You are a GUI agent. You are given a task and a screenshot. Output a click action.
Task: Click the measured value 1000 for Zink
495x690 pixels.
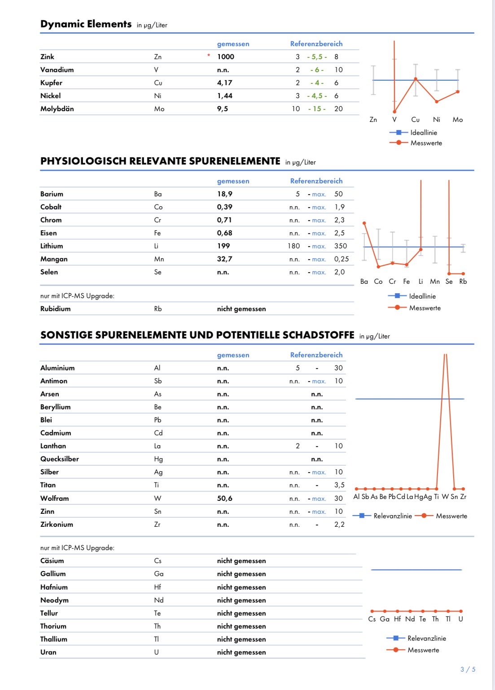pyautogui.click(x=225, y=56)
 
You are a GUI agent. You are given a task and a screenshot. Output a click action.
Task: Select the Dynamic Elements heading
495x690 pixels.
pyautogui.click(x=86, y=24)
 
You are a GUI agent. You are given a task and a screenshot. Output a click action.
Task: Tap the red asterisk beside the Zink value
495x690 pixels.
pyautogui.click(x=209, y=56)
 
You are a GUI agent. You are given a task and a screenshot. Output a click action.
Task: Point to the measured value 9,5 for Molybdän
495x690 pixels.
pyautogui.click(x=222, y=108)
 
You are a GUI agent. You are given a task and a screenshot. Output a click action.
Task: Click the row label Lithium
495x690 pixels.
pyautogui.click(x=52, y=246)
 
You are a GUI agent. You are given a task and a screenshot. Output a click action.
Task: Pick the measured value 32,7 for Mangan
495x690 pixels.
pyautogui.click(x=224, y=259)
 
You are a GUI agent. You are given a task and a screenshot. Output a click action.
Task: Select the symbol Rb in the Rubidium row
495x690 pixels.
pyautogui.click(x=158, y=308)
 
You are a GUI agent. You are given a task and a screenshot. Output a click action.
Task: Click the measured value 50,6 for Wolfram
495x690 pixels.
pyautogui.click(x=224, y=498)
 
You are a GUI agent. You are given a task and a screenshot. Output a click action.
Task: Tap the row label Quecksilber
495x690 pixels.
pyautogui.click(x=59, y=459)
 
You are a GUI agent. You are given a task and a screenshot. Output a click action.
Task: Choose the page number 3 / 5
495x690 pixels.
pyautogui.click(x=468, y=669)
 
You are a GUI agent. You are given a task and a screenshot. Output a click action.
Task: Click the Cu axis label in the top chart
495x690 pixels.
pyautogui.click(x=415, y=120)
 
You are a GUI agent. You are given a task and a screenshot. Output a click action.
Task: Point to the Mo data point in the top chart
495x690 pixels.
pyautogui.click(x=458, y=91)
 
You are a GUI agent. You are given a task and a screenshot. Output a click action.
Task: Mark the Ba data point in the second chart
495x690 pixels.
pyautogui.click(x=364, y=223)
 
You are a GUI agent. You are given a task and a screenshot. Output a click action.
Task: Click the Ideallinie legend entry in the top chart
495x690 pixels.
pyautogui.click(x=423, y=133)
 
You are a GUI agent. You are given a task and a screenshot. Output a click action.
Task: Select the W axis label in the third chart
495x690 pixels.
pyautogui.click(x=445, y=497)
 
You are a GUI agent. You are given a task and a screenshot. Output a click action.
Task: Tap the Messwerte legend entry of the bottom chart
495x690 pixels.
pyautogui.click(x=423, y=650)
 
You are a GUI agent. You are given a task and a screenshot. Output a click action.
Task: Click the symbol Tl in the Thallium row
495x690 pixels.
pyautogui.click(x=156, y=639)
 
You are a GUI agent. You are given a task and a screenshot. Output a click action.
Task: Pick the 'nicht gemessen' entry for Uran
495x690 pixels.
pyautogui.click(x=241, y=652)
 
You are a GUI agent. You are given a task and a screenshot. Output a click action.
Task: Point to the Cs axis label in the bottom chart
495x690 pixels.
pyautogui.click(x=372, y=619)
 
